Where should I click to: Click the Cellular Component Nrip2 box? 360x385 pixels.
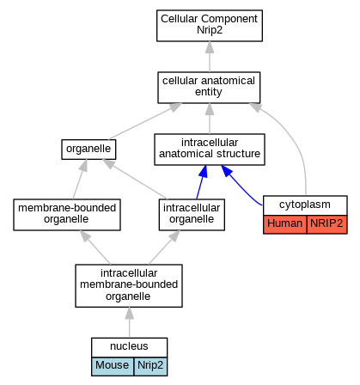tap(210, 26)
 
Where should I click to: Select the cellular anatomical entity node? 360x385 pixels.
tap(209, 88)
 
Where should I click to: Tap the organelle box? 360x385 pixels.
tap(88, 150)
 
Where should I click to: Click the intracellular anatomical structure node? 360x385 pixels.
tap(210, 150)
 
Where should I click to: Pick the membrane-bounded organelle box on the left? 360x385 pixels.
tap(67, 215)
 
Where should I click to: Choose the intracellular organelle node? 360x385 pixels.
tap(192, 215)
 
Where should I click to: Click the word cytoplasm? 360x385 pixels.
tap(305, 205)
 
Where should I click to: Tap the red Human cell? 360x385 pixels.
tap(285, 224)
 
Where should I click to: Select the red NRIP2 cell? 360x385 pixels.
tap(326, 224)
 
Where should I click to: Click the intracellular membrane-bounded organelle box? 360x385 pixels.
tap(129, 285)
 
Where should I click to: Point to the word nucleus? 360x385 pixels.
tap(129, 346)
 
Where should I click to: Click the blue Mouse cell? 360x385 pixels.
tap(113, 366)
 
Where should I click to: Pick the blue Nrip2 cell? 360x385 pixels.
tap(150, 366)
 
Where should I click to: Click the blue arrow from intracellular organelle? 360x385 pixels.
tap(202, 182)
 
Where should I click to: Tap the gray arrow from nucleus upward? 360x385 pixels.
tap(130, 322)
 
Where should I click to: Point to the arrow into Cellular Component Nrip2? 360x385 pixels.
tap(210, 57)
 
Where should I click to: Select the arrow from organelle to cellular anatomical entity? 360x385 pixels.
tap(145, 121)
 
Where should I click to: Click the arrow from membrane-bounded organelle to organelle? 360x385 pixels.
tap(80, 180)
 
